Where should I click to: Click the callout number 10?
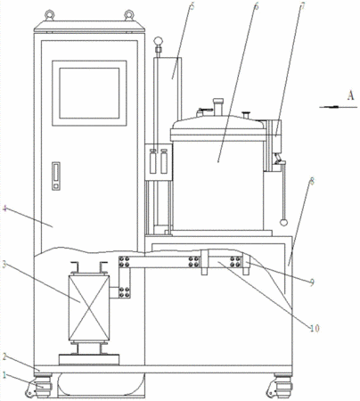[315, 328]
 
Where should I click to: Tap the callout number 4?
[4, 209]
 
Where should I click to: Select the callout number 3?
[4, 266]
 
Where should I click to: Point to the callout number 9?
[311, 282]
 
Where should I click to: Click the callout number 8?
[311, 182]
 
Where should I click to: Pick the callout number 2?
[4, 356]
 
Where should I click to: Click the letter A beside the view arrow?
[351, 95]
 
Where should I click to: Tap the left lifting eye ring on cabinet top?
[49, 15]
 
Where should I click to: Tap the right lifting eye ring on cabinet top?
[129, 15]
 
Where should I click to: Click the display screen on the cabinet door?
[89, 94]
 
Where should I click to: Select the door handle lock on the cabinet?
[56, 176]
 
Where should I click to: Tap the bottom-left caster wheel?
[39, 387]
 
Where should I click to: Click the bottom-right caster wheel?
[280, 387]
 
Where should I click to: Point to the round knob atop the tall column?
[159, 40]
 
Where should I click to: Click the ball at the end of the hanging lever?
[283, 222]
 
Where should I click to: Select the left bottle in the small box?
[153, 161]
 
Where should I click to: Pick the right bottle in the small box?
[164, 161]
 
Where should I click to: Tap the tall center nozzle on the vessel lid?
[217, 107]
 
